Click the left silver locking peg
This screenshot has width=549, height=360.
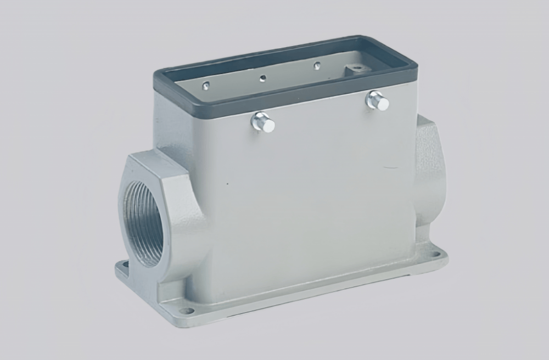(263, 122)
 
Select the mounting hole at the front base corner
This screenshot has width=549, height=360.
(186, 311)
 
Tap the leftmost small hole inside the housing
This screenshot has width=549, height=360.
(205, 85)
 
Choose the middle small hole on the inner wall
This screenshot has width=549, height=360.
(263, 77)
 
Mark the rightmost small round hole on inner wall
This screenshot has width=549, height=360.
(317, 66)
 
